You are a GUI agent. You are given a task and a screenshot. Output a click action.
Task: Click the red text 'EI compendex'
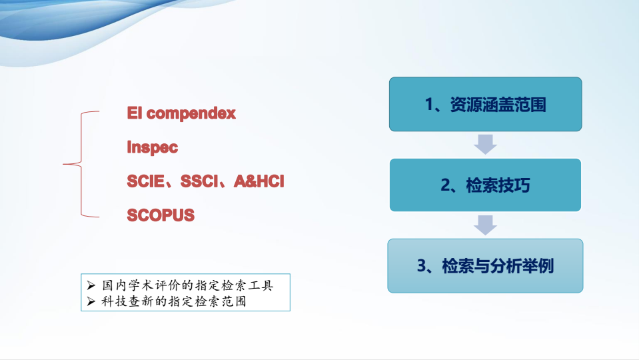(x=181, y=113)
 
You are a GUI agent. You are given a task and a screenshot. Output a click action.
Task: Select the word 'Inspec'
(x=153, y=147)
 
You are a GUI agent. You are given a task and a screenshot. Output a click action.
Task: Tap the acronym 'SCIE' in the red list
(x=146, y=181)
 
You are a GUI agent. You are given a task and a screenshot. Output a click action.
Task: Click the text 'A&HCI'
(x=259, y=181)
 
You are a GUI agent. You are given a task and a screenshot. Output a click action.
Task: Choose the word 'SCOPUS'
(x=161, y=215)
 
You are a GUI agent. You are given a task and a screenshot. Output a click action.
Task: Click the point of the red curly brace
(x=63, y=164)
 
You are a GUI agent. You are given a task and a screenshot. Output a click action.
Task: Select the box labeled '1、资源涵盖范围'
(x=485, y=104)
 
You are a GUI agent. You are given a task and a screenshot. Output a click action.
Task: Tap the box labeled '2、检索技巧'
(x=485, y=185)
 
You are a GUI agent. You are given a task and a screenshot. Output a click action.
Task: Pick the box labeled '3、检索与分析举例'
(x=485, y=266)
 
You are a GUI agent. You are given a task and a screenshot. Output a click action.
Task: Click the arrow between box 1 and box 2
(x=485, y=144)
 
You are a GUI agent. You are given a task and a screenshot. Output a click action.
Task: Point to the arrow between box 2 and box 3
(x=485, y=225)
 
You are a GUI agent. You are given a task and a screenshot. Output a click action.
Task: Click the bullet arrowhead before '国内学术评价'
(x=91, y=285)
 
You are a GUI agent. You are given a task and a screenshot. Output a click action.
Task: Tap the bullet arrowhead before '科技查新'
(x=91, y=301)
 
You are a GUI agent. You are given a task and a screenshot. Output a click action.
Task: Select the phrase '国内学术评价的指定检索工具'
(x=187, y=285)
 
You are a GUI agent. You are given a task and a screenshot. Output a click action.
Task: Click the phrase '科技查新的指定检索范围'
(x=174, y=301)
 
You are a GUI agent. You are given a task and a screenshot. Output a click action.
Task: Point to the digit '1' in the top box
(x=429, y=105)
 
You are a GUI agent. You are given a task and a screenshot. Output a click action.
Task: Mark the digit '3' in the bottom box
(x=422, y=266)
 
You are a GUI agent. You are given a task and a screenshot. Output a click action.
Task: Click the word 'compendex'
(x=191, y=113)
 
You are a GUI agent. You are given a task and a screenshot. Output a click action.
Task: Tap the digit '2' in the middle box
(x=445, y=185)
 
